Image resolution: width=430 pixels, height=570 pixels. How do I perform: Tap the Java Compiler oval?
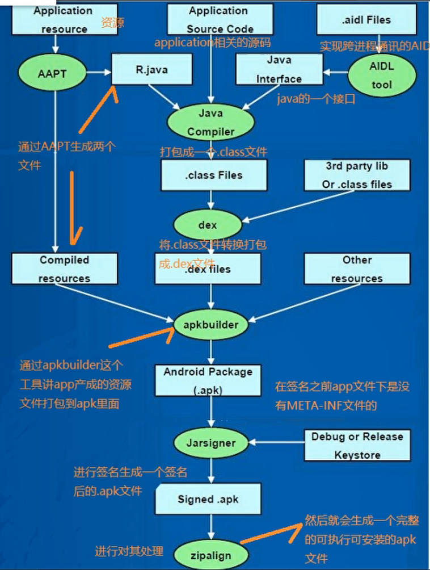pos(210,122)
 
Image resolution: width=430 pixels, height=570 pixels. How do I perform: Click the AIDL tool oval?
pos(382,75)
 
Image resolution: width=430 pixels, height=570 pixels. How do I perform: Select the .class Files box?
pos(213,175)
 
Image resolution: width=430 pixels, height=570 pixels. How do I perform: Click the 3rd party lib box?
pos(357,175)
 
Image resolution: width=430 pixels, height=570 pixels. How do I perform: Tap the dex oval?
pos(208,225)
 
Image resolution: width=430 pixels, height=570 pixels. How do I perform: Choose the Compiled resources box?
pos(65,269)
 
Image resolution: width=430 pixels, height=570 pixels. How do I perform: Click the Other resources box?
pos(357,269)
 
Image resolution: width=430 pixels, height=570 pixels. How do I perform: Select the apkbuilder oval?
pos(211,325)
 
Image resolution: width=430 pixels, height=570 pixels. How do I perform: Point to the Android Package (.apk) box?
pos(208,381)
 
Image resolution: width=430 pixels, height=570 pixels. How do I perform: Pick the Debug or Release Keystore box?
pos(357,445)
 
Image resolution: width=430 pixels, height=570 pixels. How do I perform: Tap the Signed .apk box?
pos(208,500)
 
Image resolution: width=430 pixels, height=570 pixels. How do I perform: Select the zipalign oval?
pos(211,554)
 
